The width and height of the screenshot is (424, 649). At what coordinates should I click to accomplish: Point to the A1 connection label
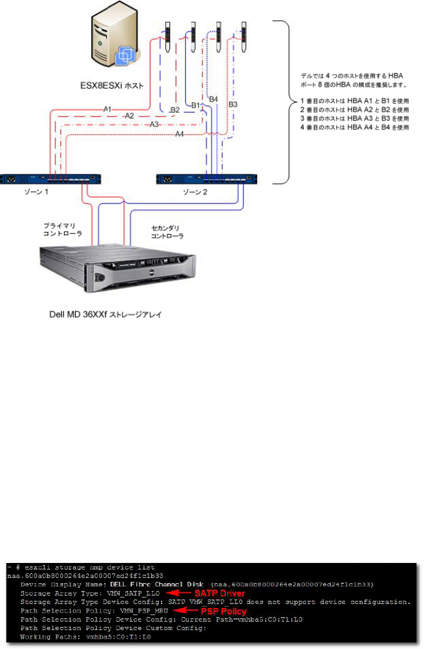coord(107,109)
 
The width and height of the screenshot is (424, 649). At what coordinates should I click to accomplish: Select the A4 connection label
coord(180,134)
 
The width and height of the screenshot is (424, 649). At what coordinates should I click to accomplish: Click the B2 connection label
coord(175,110)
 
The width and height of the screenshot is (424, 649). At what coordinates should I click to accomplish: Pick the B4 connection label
coord(213,98)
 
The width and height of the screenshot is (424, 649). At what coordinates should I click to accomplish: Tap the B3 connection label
coord(233,104)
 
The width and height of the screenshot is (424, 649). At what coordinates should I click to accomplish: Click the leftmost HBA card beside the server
coord(167,38)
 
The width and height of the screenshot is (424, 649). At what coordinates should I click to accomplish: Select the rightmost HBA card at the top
coord(244,38)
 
